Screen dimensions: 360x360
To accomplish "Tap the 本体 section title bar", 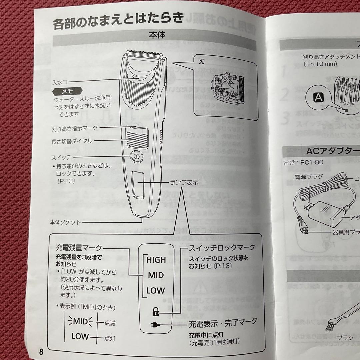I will coord(157,34).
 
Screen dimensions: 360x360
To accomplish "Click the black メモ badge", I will coord(67,92).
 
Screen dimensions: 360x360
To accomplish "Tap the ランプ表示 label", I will coord(184,182).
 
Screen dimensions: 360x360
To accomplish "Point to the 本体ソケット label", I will coord(65,222).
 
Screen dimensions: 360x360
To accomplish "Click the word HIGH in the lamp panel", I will coord(156,260).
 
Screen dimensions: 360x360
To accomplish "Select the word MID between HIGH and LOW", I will coord(156,275).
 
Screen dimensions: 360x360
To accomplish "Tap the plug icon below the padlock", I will coord(156,325).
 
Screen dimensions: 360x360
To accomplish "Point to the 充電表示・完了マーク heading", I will coord(223,322).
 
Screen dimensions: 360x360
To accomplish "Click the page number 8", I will coord(41,352).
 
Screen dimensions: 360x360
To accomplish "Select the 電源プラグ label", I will coord(309,177).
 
